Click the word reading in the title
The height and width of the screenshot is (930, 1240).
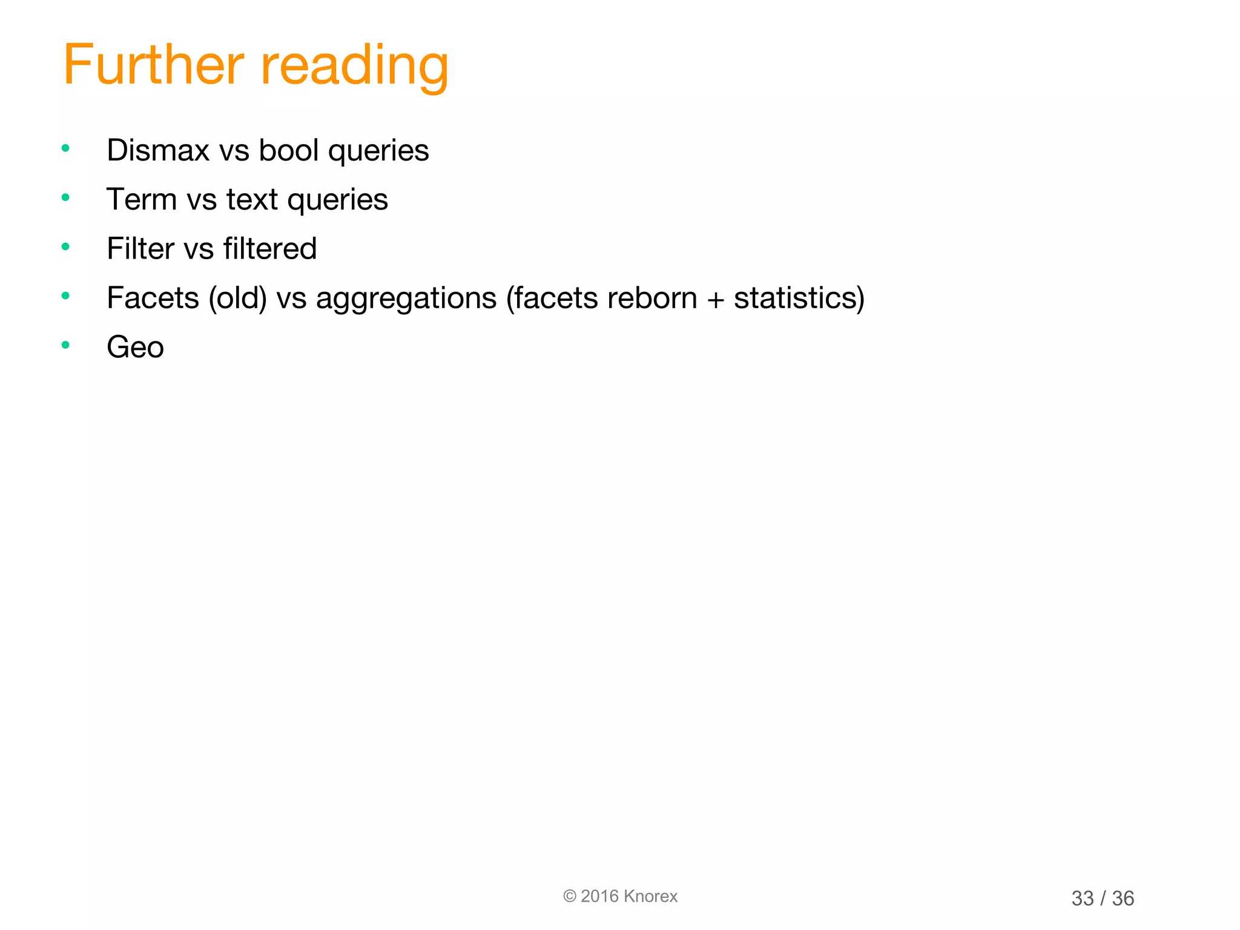click(355, 67)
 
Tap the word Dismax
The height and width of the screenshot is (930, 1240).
click(158, 150)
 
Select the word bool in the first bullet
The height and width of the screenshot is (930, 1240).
click(288, 150)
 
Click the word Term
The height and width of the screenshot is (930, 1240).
click(141, 200)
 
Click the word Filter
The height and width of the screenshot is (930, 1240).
click(140, 249)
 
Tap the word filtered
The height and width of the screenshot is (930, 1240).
click(270, 249)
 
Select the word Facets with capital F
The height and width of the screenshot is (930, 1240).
click(153, 298)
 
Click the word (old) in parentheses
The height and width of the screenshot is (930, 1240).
click(237, 298)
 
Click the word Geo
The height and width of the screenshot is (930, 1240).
click(135, 348)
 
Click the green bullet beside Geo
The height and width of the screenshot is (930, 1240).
click(65, 345)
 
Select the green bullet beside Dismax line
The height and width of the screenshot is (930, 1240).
click(65, 148)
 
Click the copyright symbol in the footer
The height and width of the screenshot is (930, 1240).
click(569, 896)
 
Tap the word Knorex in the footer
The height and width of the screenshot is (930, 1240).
click(650, 896)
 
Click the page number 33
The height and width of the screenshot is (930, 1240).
click(1083, 899)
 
